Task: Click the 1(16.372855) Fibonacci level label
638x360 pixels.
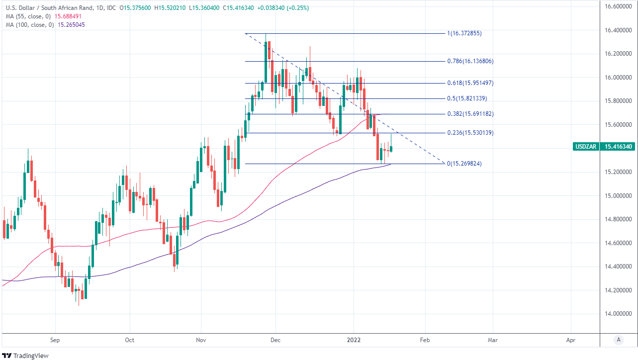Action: [x=464, y=33]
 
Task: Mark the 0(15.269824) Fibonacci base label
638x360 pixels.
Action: [x=464, y=164]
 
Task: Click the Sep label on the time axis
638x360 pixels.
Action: [x=55, y=340]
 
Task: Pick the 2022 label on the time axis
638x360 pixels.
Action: [x=354, y=340]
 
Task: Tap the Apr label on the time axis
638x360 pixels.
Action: [x=571, y=340]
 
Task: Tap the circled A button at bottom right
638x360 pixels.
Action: [x=619, y=340]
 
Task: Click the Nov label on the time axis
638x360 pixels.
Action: [x=201, y=340]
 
